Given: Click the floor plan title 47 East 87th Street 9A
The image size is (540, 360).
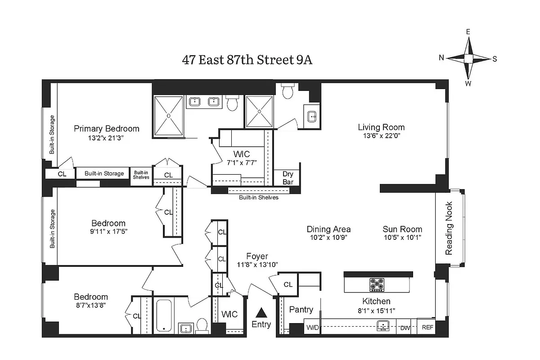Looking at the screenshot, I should pyautogui.click(x=247, y=60).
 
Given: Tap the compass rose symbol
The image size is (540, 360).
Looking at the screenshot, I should pyautogui.click(x=468, y=58).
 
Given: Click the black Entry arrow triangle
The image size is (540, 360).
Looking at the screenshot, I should pyautogui.click(x=261, y=312).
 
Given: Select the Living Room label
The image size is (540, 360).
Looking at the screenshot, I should pyautogui.click(x=381, y=127).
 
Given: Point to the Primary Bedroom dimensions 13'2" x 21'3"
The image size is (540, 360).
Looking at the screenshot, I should pyautogui.click(x=106, y=139).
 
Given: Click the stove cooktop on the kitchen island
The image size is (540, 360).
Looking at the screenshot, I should pyautogui.click(x=377, y=284).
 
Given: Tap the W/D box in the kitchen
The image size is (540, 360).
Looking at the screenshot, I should pyautogui.click(x=312, y=328).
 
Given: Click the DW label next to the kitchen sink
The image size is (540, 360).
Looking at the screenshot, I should pyautogui.click(x=405, y=328).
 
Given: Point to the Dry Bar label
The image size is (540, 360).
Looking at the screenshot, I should pyautogui.click(x=288, y=178).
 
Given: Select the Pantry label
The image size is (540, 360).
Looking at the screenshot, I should pyautogui.click(x=301, y=310).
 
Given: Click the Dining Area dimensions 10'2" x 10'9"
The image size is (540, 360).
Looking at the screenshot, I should pyautogui.click(x=328, y=237).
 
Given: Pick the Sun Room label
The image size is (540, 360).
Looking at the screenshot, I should pyautogui.click(x=402, y=229).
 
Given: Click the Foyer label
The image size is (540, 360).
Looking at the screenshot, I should pyautogui.click(x=257, y=256).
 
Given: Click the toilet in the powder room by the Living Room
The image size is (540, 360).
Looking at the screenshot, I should pyautogui.click(x=287, y=91).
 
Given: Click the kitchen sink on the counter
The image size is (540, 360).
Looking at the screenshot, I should pyautogui.click(x=383, y=325).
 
